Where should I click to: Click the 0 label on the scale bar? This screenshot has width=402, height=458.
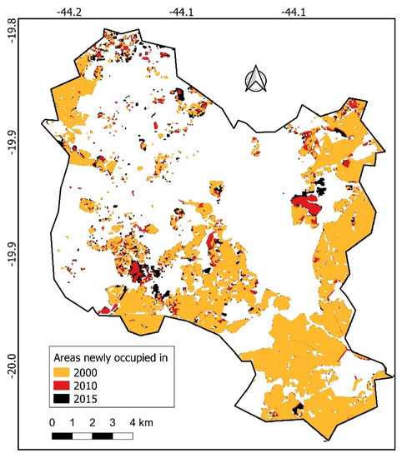point(52,421)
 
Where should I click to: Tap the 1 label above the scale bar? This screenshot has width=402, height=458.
point(73,421)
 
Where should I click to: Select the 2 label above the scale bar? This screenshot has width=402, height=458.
point(93,421)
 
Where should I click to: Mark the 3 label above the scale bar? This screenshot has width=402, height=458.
point(113,421)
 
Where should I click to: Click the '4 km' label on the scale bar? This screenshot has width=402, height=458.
point(139,421)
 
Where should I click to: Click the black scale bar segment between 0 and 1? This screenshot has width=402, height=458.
point(62,436)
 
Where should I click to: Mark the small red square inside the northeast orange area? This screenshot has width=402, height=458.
point(353,104)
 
